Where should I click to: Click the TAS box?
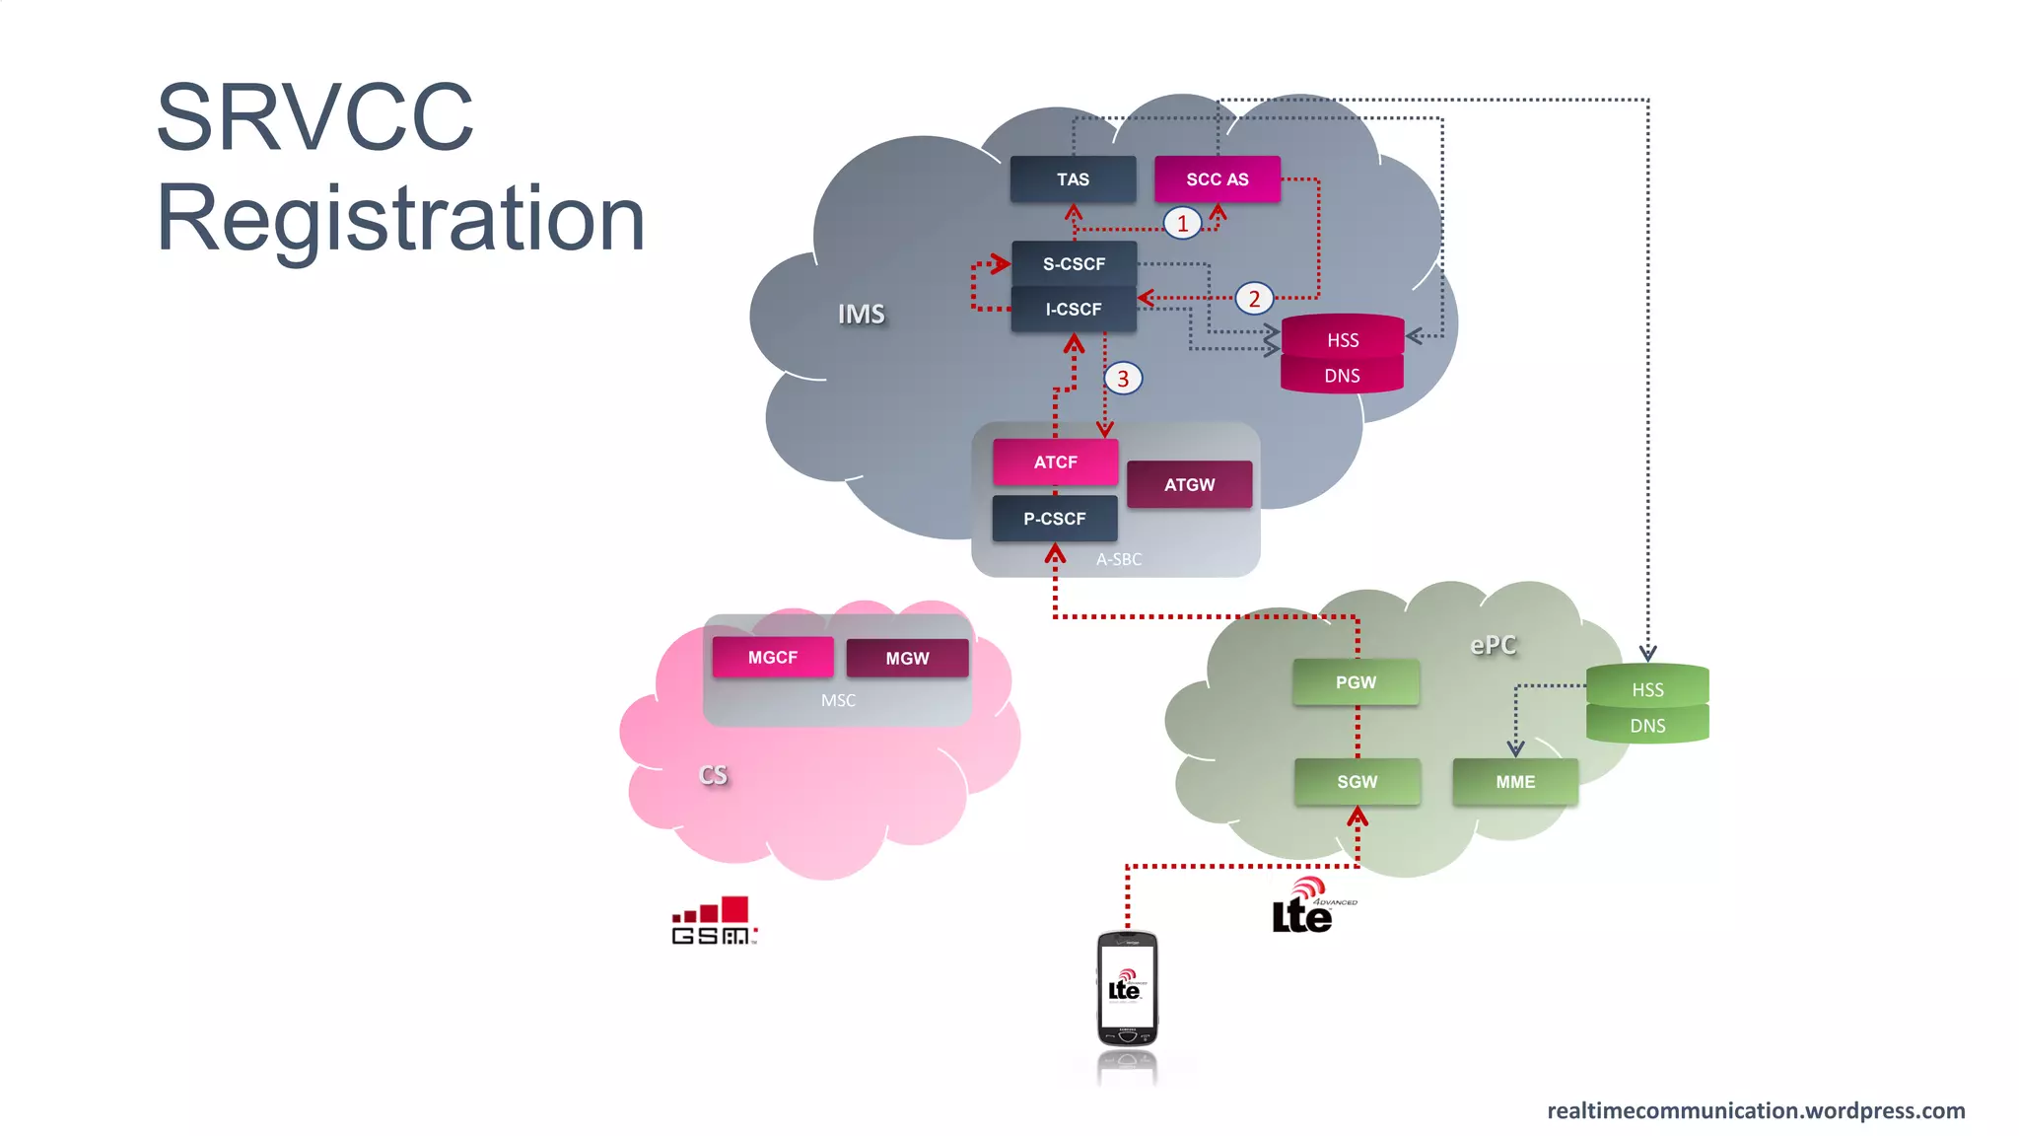[x=1073, y=179]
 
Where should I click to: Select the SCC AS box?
[x=1217, y=179]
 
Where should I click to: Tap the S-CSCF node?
[x=1074, y=264]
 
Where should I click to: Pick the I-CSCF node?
[x=1074, y=310]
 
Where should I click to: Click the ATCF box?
[x=1055, y=462]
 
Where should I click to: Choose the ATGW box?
[x=1189, y=485]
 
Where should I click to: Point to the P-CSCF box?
[x=1054, y=519]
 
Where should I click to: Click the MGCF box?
[x=772, y=658]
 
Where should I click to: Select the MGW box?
[x=907, y=659]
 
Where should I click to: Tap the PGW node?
[x=1356, y=682]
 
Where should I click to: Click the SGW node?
[x=1357, y=782]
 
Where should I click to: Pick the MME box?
[x=1515, y=782]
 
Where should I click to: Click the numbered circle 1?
[x=1182, y=224]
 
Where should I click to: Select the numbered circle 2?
[x=1254, y=299]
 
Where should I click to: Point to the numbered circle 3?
[x=1123, y=379]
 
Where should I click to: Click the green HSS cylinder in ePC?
[x=1647, y=688]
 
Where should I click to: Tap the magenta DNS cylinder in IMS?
[x=1342, y=376]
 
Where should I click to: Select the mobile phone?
[x=1127, y=989]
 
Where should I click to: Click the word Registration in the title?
[x=400, y=218]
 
